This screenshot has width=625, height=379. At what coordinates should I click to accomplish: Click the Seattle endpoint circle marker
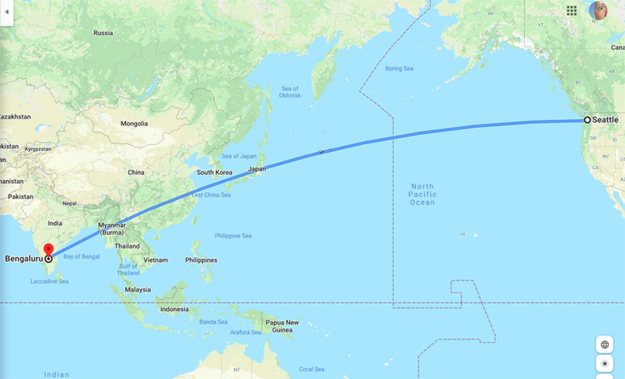[587, 120]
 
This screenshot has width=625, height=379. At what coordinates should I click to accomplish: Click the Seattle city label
[605, 120]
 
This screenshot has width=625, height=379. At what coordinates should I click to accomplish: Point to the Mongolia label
[134, 124]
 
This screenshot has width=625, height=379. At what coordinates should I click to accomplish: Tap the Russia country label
[103, 33]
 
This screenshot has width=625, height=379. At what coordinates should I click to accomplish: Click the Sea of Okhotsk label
[290, 92]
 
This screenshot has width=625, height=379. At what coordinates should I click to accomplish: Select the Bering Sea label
[399, 68]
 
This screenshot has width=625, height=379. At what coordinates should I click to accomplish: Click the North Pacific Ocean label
[422, 194]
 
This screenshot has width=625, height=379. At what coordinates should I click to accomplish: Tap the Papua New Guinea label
[282, 326]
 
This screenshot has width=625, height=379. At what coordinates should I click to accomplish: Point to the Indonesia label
[174, 309]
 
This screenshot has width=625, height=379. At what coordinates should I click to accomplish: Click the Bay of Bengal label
[81, 256]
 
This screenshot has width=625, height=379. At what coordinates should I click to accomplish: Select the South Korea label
[214, 172]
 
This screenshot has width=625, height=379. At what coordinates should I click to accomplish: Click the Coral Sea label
[312, 369]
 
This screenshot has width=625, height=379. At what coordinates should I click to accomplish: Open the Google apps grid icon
[571, 10]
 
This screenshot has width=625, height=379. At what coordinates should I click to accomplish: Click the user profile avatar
[598, 10]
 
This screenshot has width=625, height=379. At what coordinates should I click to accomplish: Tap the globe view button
[605, 345]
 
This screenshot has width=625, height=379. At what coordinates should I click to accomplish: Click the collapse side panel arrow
[7, 11]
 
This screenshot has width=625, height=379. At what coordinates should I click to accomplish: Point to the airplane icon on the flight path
[321, 152]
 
